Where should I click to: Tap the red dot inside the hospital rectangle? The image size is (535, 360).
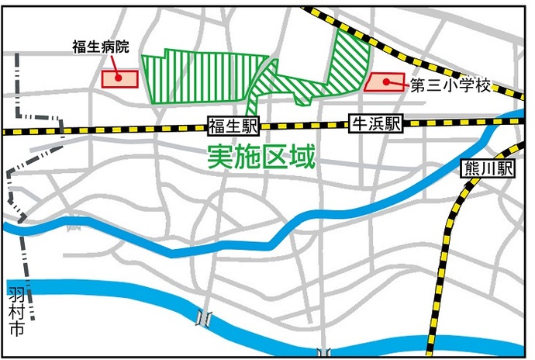116,77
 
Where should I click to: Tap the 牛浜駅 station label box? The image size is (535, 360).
375,123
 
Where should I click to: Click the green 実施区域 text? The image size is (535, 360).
261,157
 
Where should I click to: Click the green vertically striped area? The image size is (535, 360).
202,78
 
